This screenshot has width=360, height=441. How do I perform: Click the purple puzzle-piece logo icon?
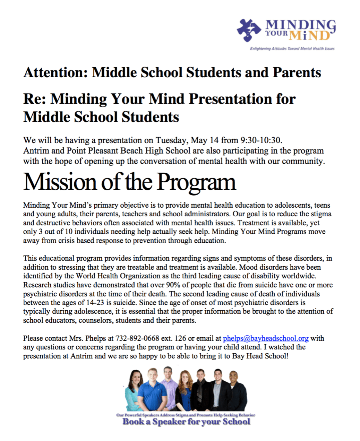(x=248, y=30)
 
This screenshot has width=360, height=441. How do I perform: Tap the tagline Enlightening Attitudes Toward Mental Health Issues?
(x=292, y=49)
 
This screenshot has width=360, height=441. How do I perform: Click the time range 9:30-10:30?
(x=261, y=140)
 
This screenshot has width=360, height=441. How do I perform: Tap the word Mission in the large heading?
(x=60, y=182)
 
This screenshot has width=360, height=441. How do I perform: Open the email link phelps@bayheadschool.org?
(x=266, y=338)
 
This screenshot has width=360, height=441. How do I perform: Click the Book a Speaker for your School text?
(x=186, y=422)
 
